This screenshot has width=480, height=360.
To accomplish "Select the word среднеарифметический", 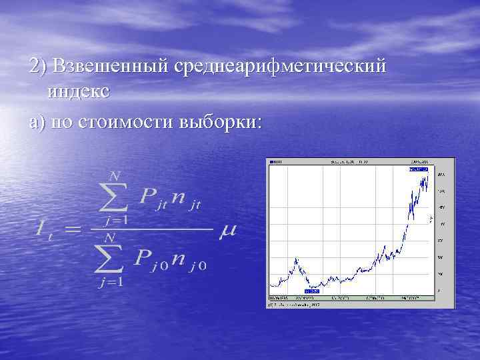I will (280, 67).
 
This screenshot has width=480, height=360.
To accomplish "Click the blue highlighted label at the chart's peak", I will (418, 170).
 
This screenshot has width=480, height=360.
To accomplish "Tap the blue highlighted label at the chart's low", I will (312, 291).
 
